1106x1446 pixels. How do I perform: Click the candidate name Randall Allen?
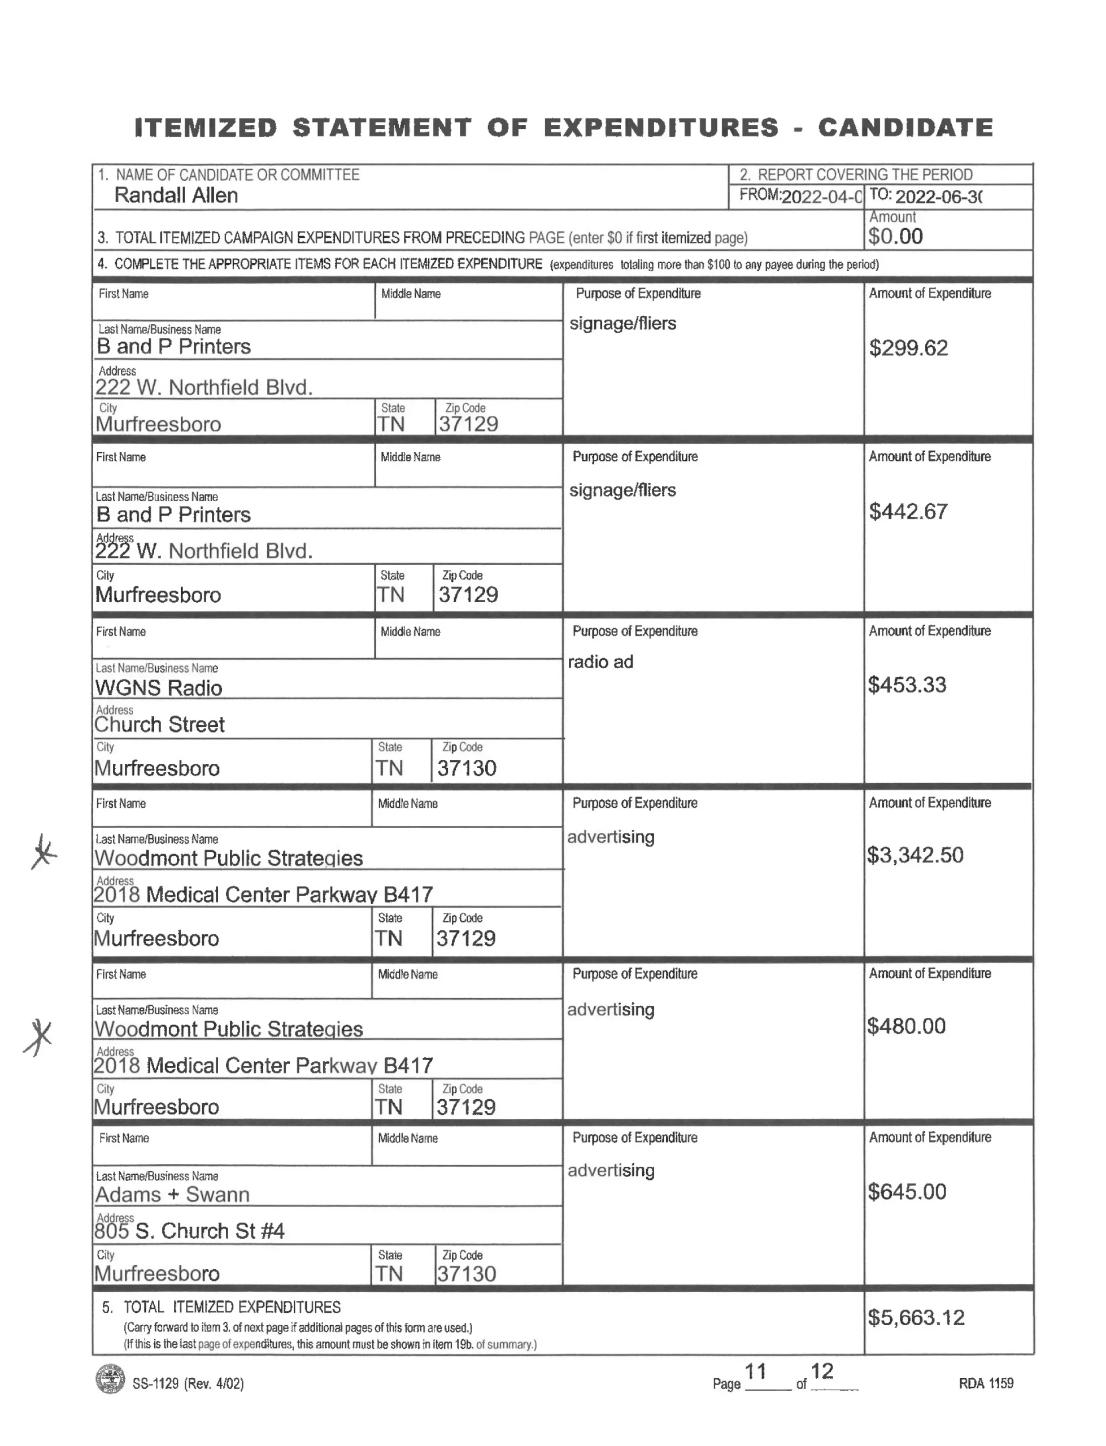tap(176, 195)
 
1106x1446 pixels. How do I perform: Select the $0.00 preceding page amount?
tap(895, 236)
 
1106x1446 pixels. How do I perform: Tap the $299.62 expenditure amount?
tap(908, 348)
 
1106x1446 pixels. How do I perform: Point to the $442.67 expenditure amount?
tap(908, 511)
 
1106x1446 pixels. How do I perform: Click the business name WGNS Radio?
tap(159, 688)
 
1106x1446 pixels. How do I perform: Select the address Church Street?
tap(159, 725)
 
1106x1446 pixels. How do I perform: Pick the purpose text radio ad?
tap(600, 661)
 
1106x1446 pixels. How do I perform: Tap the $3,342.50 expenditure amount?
tap(915, 855)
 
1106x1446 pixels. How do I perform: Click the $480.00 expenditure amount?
tap(907, 1026)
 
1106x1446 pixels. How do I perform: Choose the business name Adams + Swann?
tap(172, 1195)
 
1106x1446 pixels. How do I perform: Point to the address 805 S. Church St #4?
tap(190, 1231)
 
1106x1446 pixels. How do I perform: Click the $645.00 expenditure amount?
tap(907, 1192)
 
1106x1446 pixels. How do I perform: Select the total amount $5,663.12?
tap(916, 1318)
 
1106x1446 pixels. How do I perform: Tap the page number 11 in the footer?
tap(755, 1371)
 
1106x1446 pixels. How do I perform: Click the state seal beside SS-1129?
tap(110, 1379)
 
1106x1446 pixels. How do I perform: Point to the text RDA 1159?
tap(986, 1383)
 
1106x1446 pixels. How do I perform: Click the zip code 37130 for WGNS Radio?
tap(467, 768)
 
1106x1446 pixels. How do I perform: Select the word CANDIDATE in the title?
tap(905, 128)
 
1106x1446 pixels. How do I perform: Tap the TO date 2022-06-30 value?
tap(939, 197)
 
